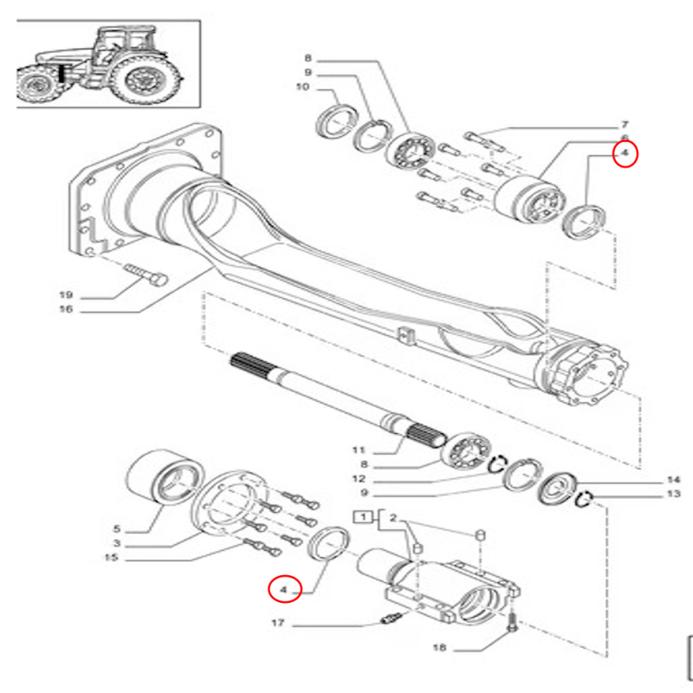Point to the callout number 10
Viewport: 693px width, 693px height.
tap(302, 87)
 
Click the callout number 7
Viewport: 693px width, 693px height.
tap(624, 125)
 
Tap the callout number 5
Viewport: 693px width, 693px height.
tap(119, 528)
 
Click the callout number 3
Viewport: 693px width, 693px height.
tap(119, 543)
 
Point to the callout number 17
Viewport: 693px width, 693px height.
tap(277, 623)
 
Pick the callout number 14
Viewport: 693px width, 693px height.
tap(673, 479)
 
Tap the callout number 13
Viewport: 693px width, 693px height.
tap(673, 495)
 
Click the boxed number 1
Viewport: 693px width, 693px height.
tap(362, 518)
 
